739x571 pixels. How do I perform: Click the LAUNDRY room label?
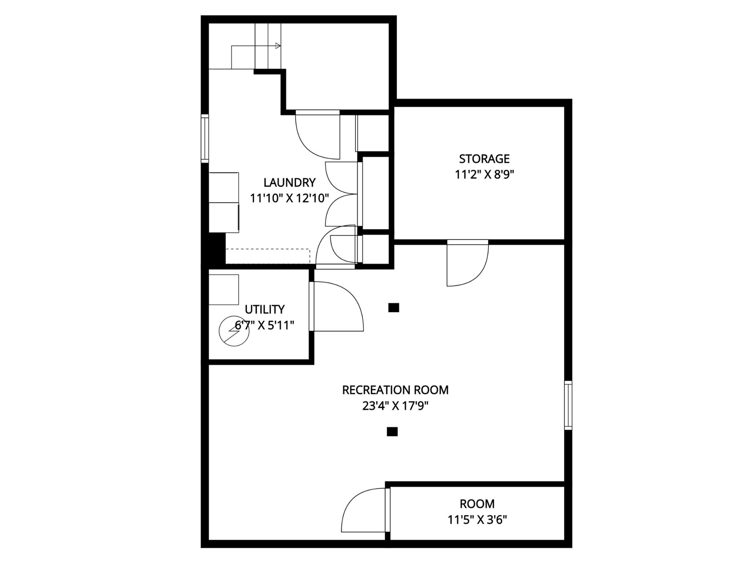point(289,183)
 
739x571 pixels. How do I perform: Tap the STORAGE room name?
point(484,159)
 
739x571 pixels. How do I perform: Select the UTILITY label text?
point(265,309)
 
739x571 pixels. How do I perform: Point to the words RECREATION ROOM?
point(395,390)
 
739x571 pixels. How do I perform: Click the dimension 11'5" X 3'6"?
point(477,519)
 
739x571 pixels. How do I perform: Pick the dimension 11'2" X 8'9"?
point(484,174)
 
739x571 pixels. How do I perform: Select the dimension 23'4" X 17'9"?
point(395,406)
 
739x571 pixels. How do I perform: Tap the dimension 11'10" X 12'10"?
point(289,198)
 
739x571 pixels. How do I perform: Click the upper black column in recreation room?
point(394,308)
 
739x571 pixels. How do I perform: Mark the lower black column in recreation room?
point(392,432)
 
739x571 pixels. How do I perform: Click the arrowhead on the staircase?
point(278,46)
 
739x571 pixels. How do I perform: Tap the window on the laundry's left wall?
point(205,138)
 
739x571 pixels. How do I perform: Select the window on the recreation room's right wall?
point(568,405)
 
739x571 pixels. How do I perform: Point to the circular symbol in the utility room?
point(234,331)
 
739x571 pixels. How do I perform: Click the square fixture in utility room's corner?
point(224,290)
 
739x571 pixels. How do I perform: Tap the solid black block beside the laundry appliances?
point(217,248)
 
